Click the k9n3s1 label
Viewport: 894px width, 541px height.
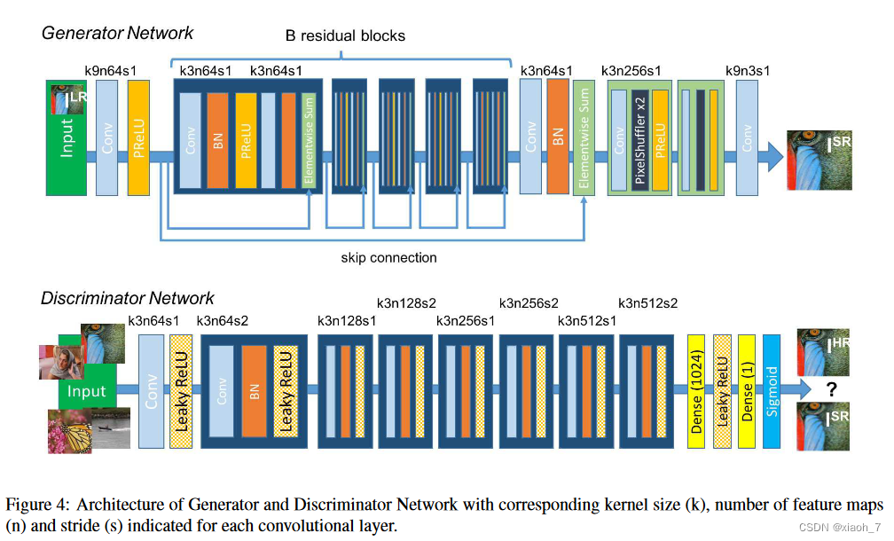point(749,70)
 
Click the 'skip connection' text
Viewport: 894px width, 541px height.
point(388,258)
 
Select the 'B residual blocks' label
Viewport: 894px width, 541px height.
point(344,36)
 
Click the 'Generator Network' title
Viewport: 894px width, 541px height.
point(117,33)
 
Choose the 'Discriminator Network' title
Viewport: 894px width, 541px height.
point(128,298)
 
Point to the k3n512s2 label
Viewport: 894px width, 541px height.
point(647,303)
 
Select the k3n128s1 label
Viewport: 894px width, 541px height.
point(347,320)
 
